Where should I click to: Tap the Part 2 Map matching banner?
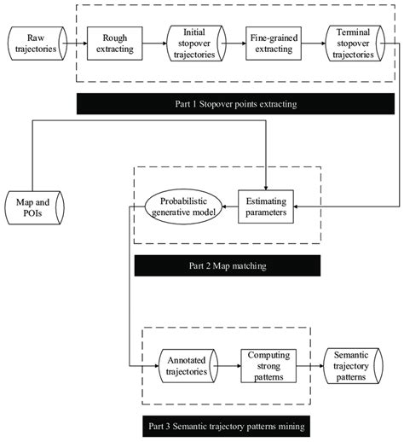coord(226,266)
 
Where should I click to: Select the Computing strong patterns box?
coord(267,366)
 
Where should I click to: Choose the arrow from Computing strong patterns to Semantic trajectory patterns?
coord(309,366)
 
